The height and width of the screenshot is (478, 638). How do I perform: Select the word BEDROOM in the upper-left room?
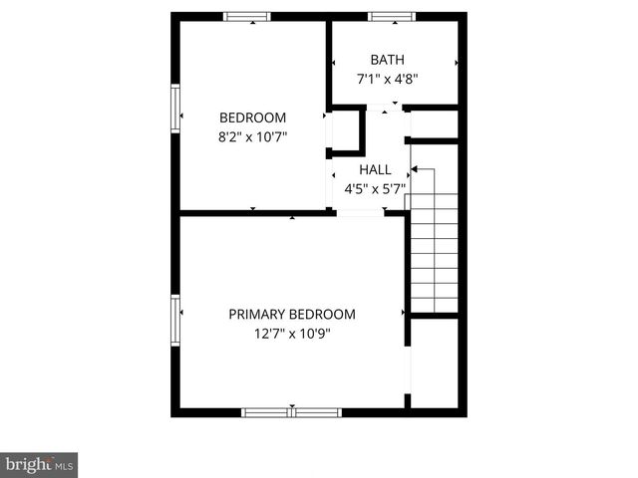253,117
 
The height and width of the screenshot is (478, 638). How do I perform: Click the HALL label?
376,169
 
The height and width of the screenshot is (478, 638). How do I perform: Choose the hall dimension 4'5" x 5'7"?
376,187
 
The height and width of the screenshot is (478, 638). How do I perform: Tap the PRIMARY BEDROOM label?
292,314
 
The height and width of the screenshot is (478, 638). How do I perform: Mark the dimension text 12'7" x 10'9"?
292,334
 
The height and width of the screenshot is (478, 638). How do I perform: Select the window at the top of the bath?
392,17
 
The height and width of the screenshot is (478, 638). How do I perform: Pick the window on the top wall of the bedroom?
246,17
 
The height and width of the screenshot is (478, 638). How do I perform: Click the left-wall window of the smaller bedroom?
175,108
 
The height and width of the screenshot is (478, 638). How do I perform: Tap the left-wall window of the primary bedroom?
175,319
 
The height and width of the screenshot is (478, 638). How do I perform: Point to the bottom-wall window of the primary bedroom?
292,411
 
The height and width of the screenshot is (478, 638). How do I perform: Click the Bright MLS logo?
39,464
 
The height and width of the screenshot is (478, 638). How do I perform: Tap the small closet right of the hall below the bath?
434,124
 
